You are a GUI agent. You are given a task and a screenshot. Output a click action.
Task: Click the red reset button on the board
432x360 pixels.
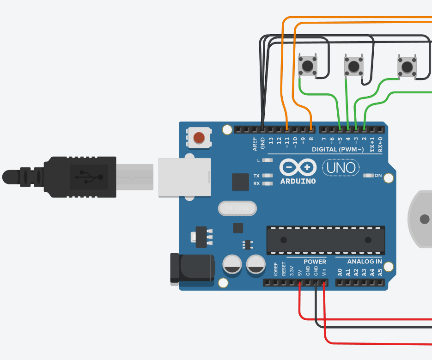pos(199,138)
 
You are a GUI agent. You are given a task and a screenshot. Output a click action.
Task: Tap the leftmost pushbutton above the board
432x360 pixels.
pos(307,66)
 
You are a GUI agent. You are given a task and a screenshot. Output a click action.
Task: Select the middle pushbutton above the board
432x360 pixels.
pos(354,66)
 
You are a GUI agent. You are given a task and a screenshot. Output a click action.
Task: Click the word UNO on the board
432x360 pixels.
pos(341,167)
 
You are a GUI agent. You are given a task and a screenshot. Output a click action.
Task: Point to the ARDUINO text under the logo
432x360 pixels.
pos(298,181)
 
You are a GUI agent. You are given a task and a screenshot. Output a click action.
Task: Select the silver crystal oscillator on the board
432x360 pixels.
pos(237,209)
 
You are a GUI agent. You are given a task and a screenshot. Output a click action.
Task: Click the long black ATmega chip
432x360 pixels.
pos(326,240)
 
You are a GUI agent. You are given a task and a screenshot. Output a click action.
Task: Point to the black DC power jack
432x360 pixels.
pos(191,268)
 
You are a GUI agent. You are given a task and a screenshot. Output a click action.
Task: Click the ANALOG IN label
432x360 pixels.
pos(364,262)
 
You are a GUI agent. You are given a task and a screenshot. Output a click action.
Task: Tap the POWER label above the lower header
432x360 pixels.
pos(315,262)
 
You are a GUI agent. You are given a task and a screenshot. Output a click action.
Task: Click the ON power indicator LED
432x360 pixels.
pos(369,176)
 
